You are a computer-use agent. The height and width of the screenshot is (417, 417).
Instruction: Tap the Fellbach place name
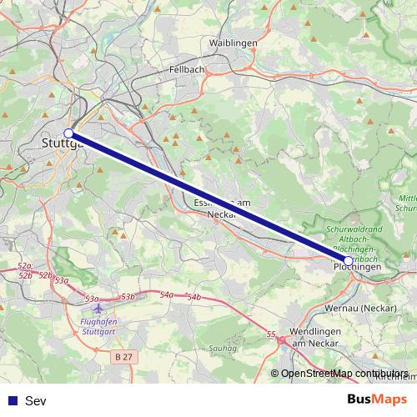[186, 69]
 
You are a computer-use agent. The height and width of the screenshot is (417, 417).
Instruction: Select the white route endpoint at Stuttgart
[69, 133]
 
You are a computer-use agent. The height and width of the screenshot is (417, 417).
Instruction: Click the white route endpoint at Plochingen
[347, 260]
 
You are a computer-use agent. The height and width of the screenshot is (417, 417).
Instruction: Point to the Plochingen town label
[360, 267]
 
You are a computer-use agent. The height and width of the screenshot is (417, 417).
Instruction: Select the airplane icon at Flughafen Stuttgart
[101, 309]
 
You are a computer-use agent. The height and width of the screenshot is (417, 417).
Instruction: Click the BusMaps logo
[377, 400]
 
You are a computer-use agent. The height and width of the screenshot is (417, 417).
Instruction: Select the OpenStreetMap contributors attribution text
[344, 374]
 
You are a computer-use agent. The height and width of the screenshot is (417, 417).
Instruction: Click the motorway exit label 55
[271, 334]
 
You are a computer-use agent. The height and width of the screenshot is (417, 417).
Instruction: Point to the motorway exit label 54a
[167, 294]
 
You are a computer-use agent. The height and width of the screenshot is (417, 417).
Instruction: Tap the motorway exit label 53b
[128, 297]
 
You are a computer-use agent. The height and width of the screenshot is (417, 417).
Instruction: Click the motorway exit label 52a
[24, 265]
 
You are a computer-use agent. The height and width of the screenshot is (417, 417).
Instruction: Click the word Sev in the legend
[36, 401]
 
